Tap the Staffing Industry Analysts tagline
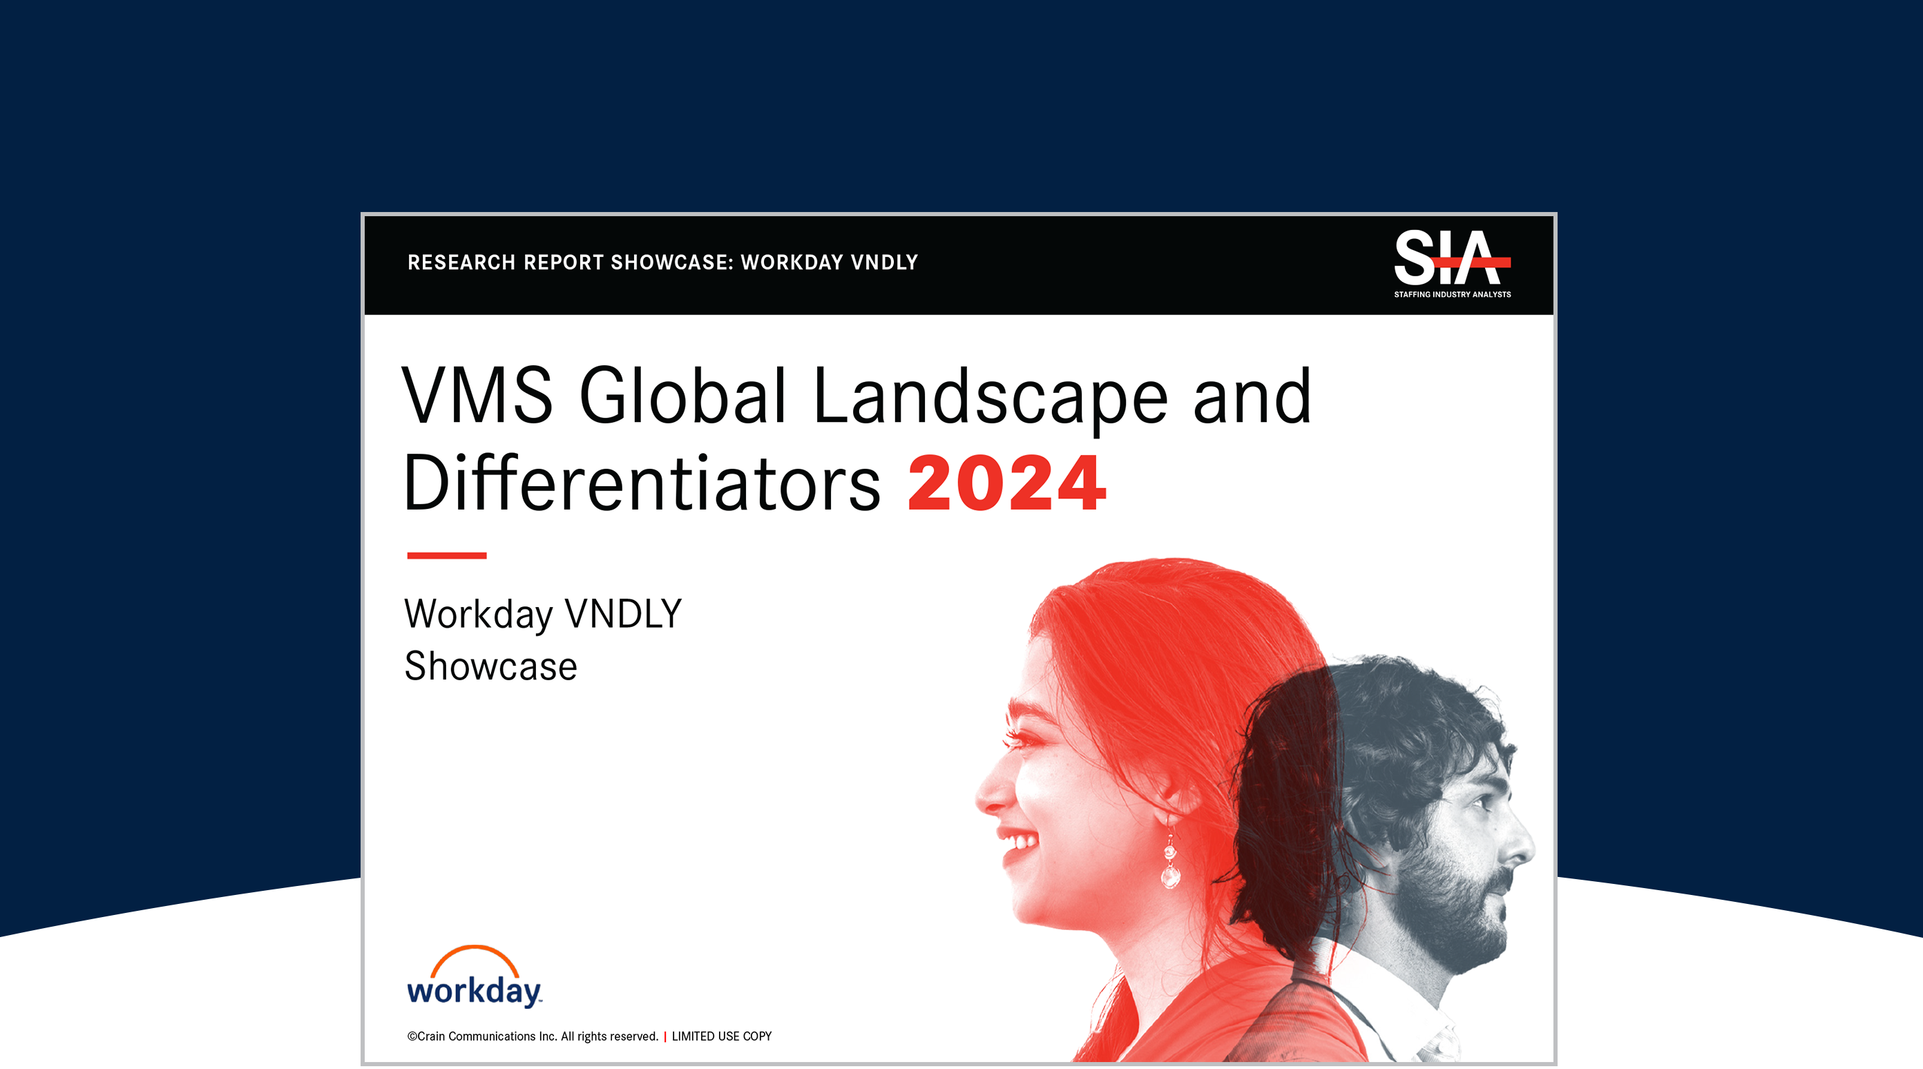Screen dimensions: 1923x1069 (x=1452, y=294)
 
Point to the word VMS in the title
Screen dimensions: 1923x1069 (x=478, y=395)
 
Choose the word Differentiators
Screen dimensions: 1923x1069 (x=641, y=482)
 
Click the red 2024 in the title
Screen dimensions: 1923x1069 (x=1006, y=483)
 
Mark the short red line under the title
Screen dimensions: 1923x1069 (x=446, y=555)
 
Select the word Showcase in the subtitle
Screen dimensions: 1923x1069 (x=490, y=666)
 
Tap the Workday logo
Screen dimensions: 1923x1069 (x=475, y=976)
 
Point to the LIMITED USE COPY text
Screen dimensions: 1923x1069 (x=721, y=1036)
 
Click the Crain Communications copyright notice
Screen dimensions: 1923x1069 (x=533, y=1036)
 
